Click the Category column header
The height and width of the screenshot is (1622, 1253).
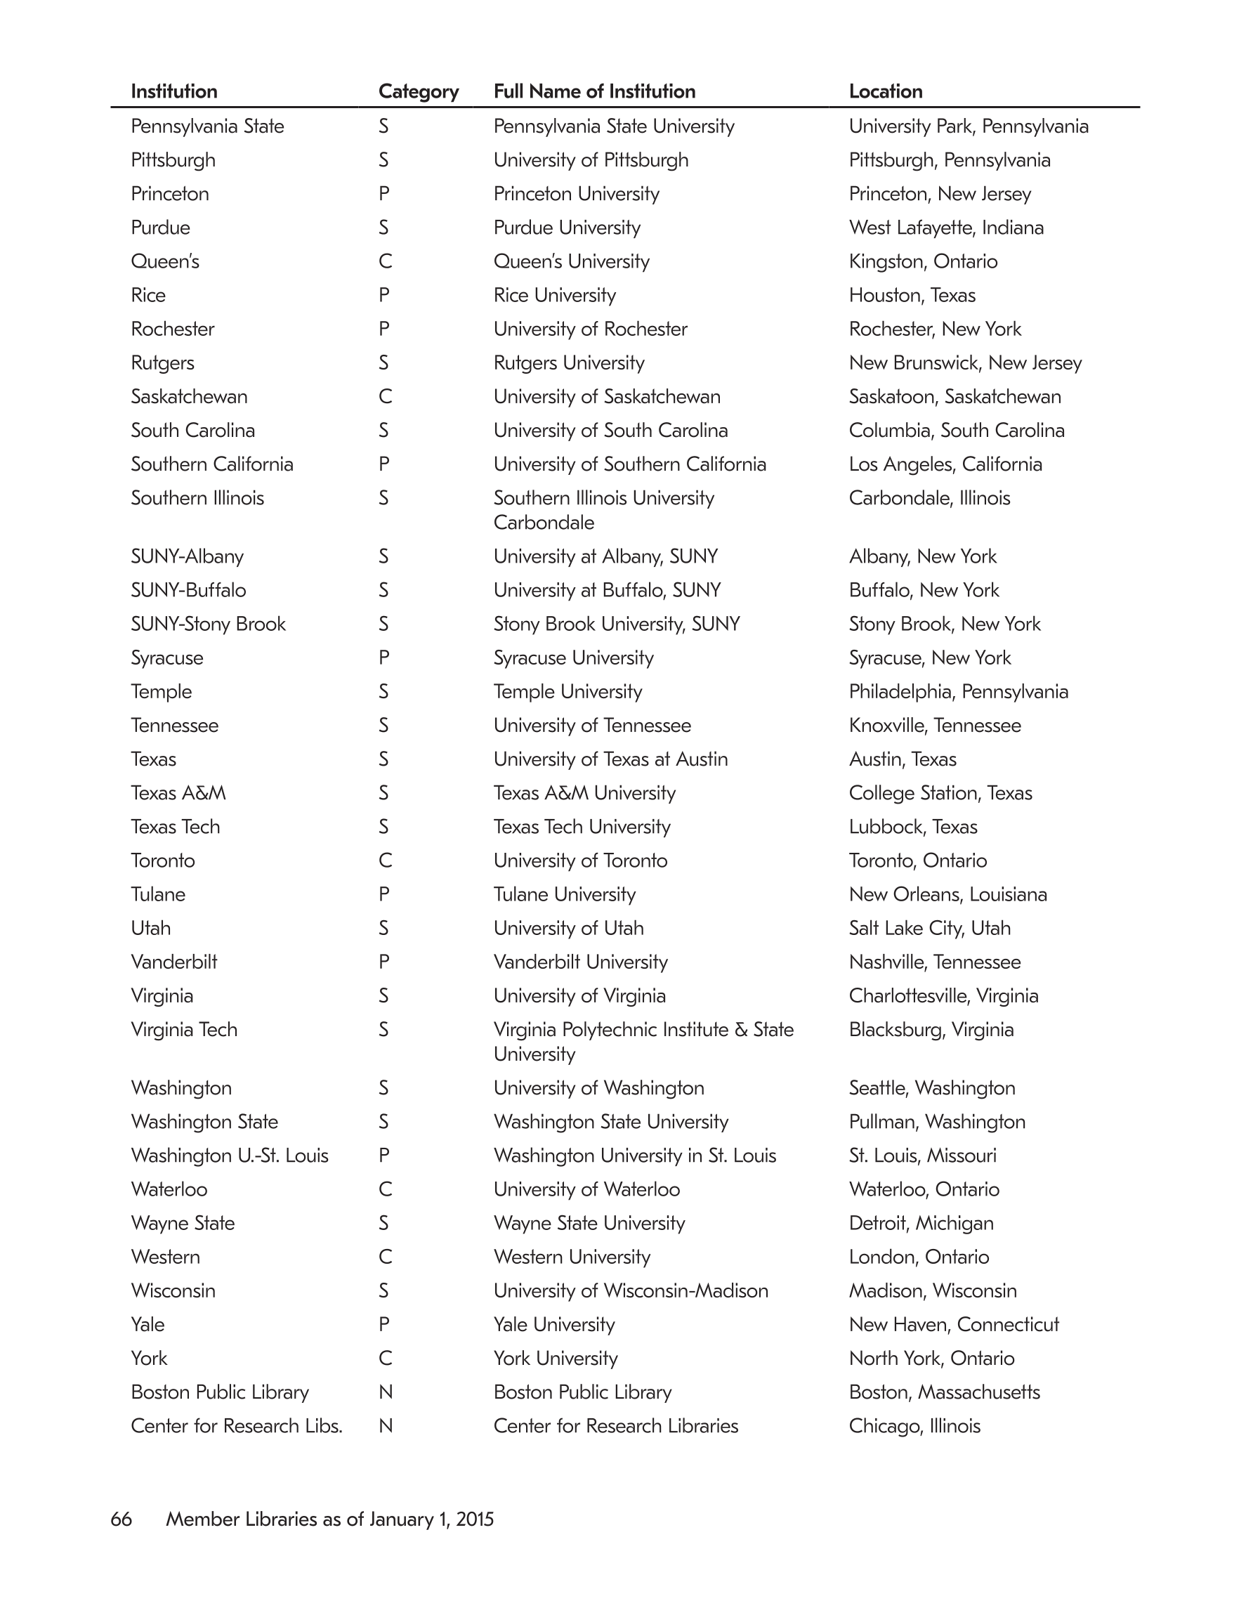[418, 91]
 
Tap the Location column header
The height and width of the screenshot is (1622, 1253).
[886, 91]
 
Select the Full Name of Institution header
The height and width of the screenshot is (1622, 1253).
[594, 91]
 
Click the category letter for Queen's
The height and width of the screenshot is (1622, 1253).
[384, 261]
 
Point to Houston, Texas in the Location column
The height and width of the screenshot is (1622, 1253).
[912, 295]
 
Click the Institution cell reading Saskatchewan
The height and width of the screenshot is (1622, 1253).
[189, 397]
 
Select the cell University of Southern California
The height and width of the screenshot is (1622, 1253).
[629, 464]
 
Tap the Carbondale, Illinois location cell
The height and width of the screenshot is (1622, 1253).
[929, 497]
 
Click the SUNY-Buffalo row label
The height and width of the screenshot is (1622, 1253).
[188, 591]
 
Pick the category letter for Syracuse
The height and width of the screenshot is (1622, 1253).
[383, 658]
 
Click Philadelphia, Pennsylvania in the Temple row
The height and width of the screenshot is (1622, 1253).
[958, 691]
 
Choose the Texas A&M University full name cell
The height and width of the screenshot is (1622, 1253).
[584, 793]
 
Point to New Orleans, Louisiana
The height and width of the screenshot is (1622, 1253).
[947, 894]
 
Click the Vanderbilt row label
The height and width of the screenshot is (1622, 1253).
[173, 962]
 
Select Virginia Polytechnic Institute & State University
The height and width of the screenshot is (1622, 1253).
[643, 1041]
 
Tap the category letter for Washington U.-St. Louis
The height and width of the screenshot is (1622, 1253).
[383, 1156]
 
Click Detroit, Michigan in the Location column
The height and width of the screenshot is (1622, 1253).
[921, 1223]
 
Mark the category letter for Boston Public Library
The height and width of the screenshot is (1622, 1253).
[385, 1392]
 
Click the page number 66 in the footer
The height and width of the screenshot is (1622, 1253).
[121, 1519]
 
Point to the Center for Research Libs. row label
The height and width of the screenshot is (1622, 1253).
[236, 1426]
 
